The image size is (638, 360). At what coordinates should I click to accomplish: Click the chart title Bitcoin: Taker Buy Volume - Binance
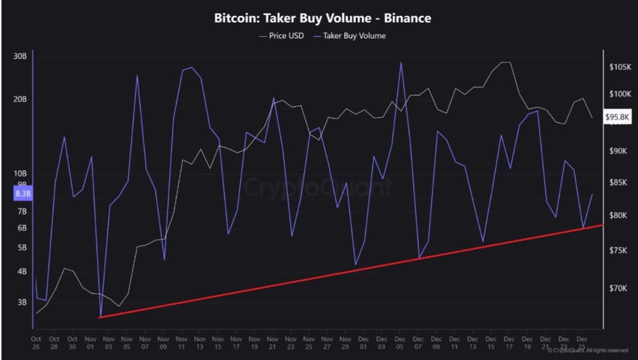pos(323,18)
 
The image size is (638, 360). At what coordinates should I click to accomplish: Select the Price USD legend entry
pos(281,36)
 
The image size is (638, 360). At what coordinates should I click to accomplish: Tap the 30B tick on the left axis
pos(20,57)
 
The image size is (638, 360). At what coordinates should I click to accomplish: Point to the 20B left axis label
pos(20,100)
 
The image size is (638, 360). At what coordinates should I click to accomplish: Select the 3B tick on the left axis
pos(21,302)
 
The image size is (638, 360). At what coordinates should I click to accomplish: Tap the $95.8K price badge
pos(620,117)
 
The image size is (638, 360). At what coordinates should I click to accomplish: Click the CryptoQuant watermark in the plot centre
pos(317,187)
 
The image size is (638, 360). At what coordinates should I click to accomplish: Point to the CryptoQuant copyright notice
pos(587,350)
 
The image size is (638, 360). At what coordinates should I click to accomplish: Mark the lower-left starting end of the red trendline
pos(100,317)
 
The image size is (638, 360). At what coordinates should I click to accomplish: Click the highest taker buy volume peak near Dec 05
pos(401,62)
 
